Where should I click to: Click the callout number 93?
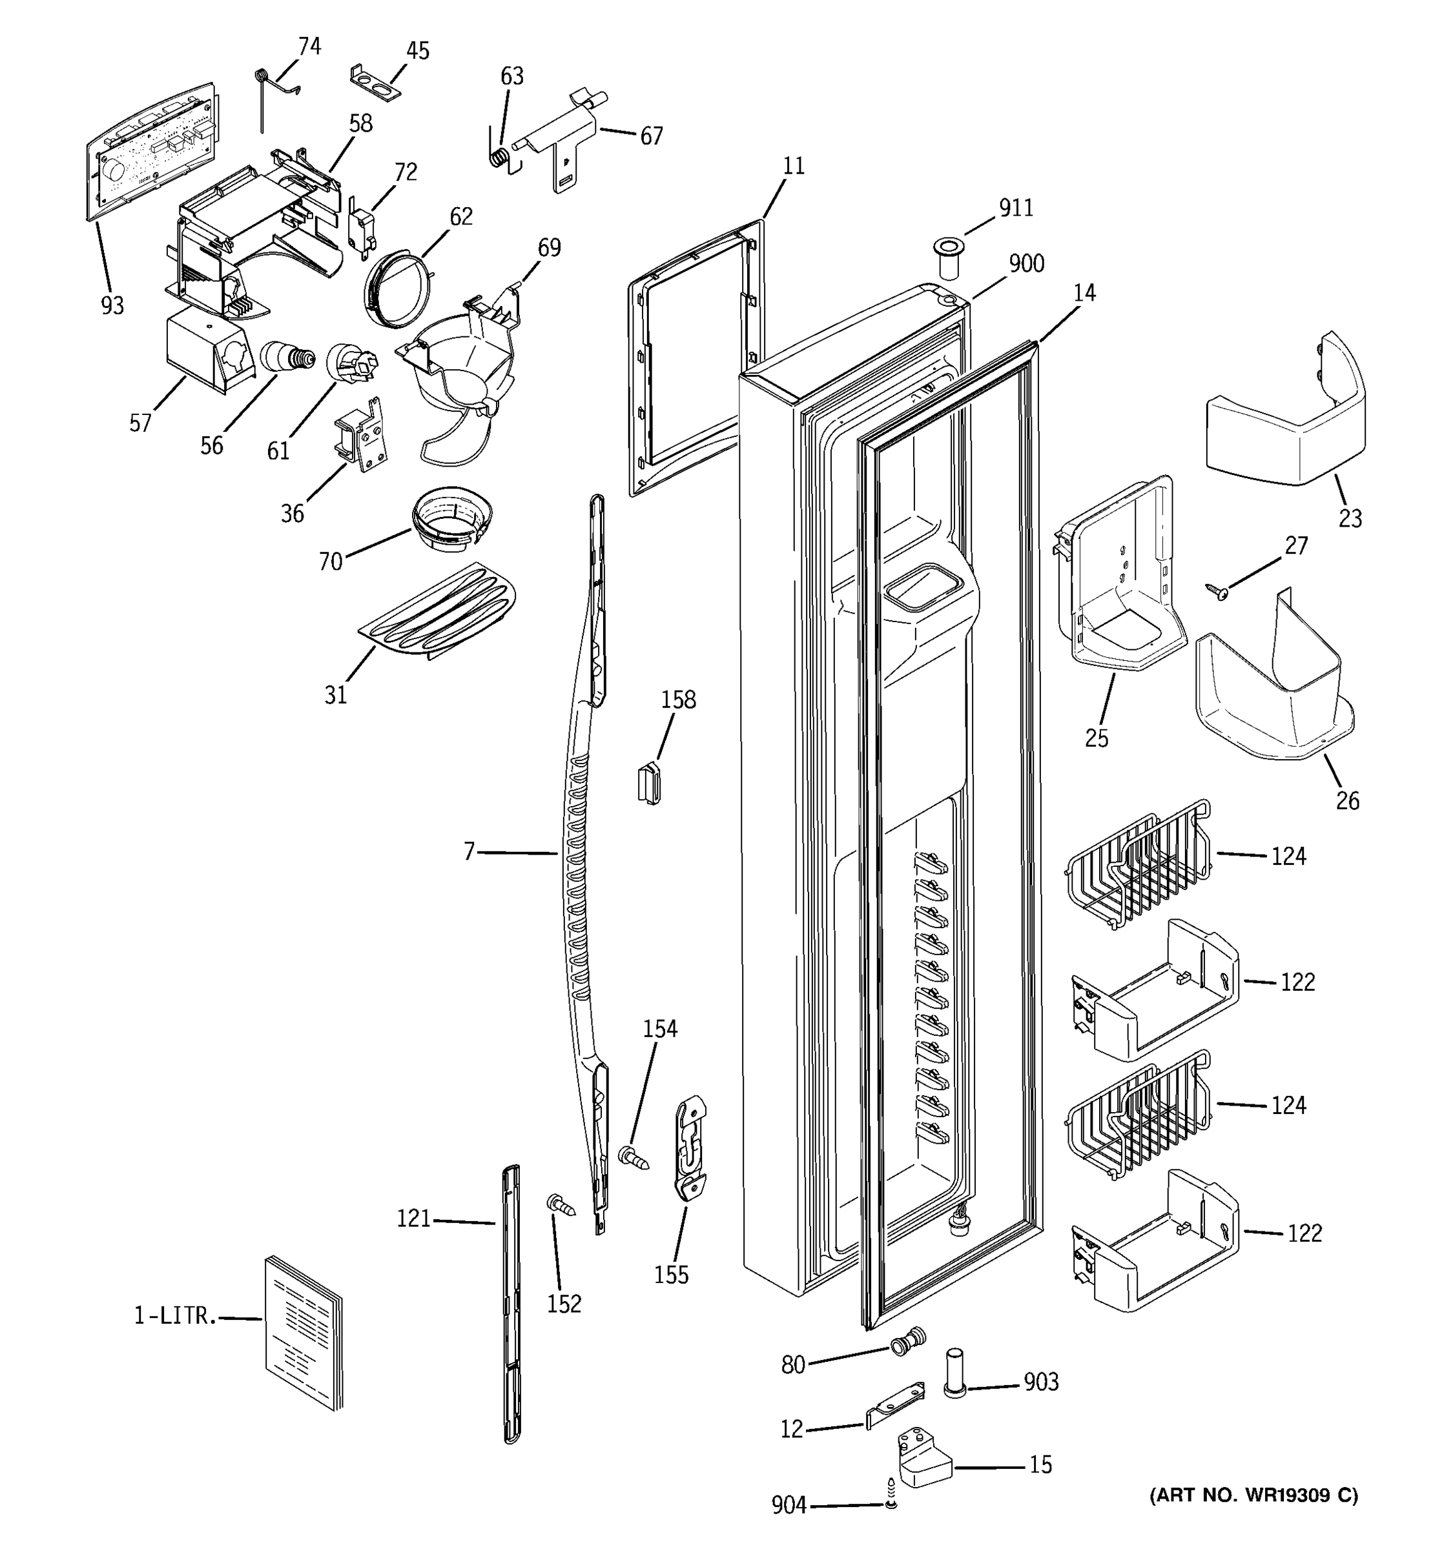[x=112, y=306]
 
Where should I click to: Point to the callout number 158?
[x=678, y=700]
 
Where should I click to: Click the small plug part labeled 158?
[x=648, y=783]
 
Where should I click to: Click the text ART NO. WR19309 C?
[x=1253, y=1494]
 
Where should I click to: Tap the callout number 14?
[x=1084, y=293]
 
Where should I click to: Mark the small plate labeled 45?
[x=375, y=83]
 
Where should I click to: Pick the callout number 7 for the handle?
[x=469, y=853]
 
